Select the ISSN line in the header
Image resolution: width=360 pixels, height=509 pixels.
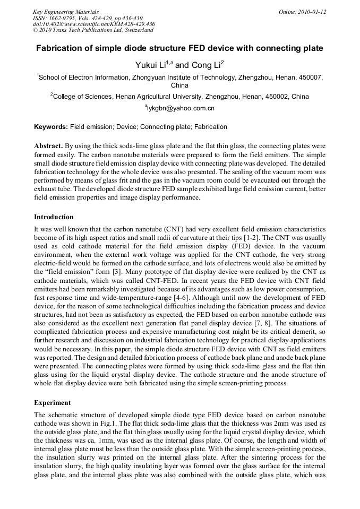click(x=85, y=18)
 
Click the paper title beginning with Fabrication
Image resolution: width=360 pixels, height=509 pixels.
click(x=179, y=48)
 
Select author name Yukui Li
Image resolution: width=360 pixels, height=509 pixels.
click(x=151, y=65)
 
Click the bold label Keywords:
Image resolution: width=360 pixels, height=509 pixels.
click(x=51, y=127)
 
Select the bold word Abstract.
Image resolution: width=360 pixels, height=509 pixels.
click(x=48, y=145)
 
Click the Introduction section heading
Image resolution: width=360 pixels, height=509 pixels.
click(x=54, y=217)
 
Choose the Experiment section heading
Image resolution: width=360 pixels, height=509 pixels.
click(x=52, y=403)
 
